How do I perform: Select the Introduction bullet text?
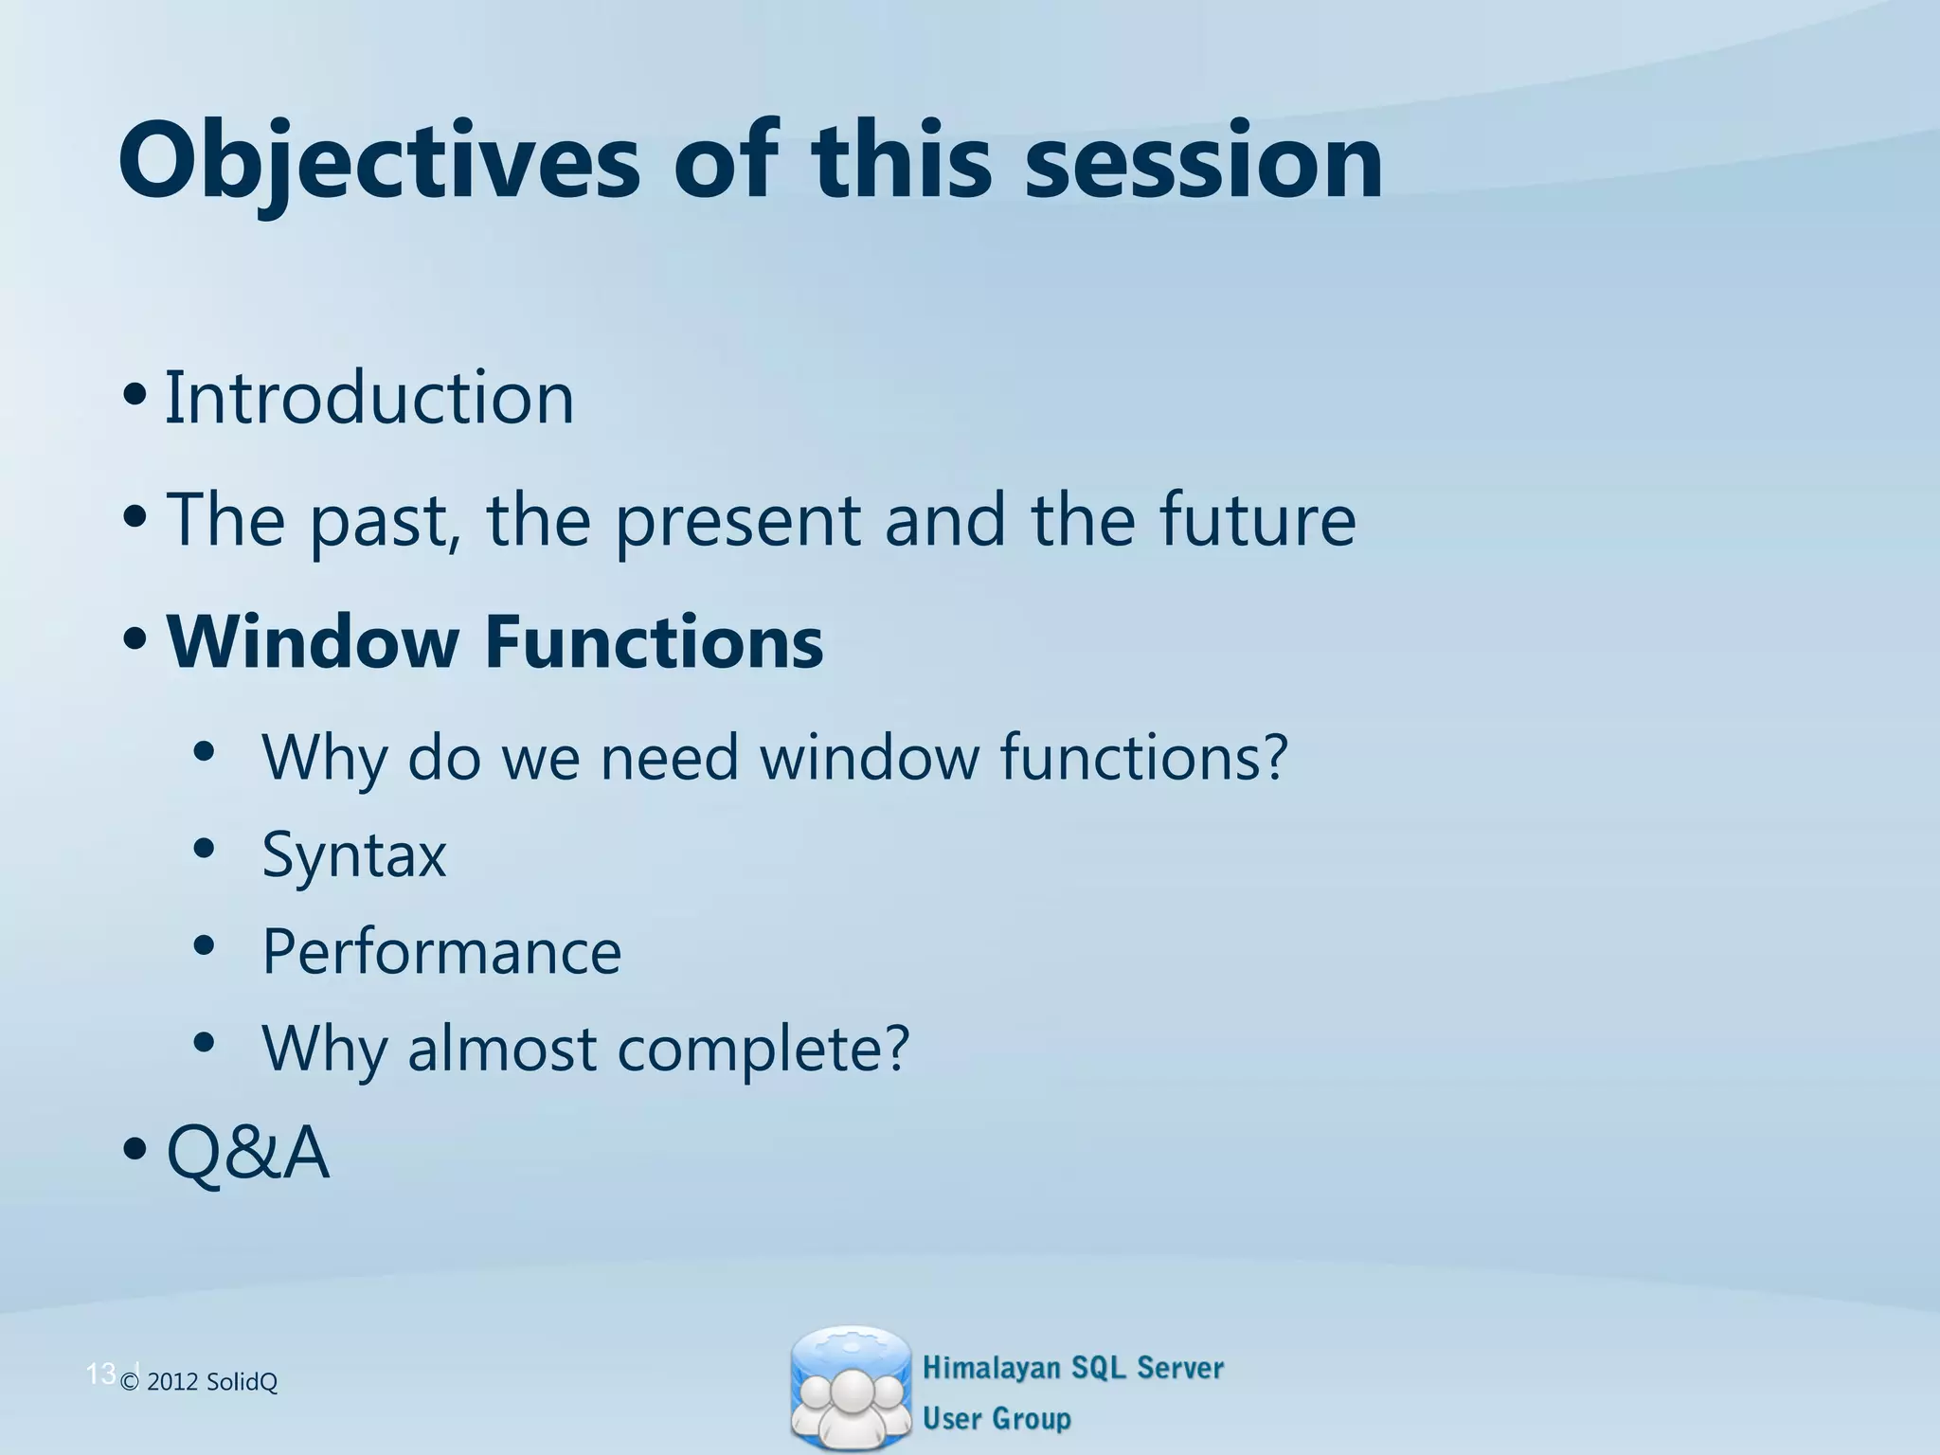pos(369,398)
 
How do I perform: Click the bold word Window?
pos(313,642)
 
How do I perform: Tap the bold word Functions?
pos(654,642)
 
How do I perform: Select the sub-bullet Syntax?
pos(353,855)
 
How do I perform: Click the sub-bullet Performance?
pos(441,951)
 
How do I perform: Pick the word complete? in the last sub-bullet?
pos(763,1050)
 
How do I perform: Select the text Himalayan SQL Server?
pos(1073,1368)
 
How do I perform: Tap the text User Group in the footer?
pos(997,1419)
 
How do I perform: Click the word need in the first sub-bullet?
pos(669,758)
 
